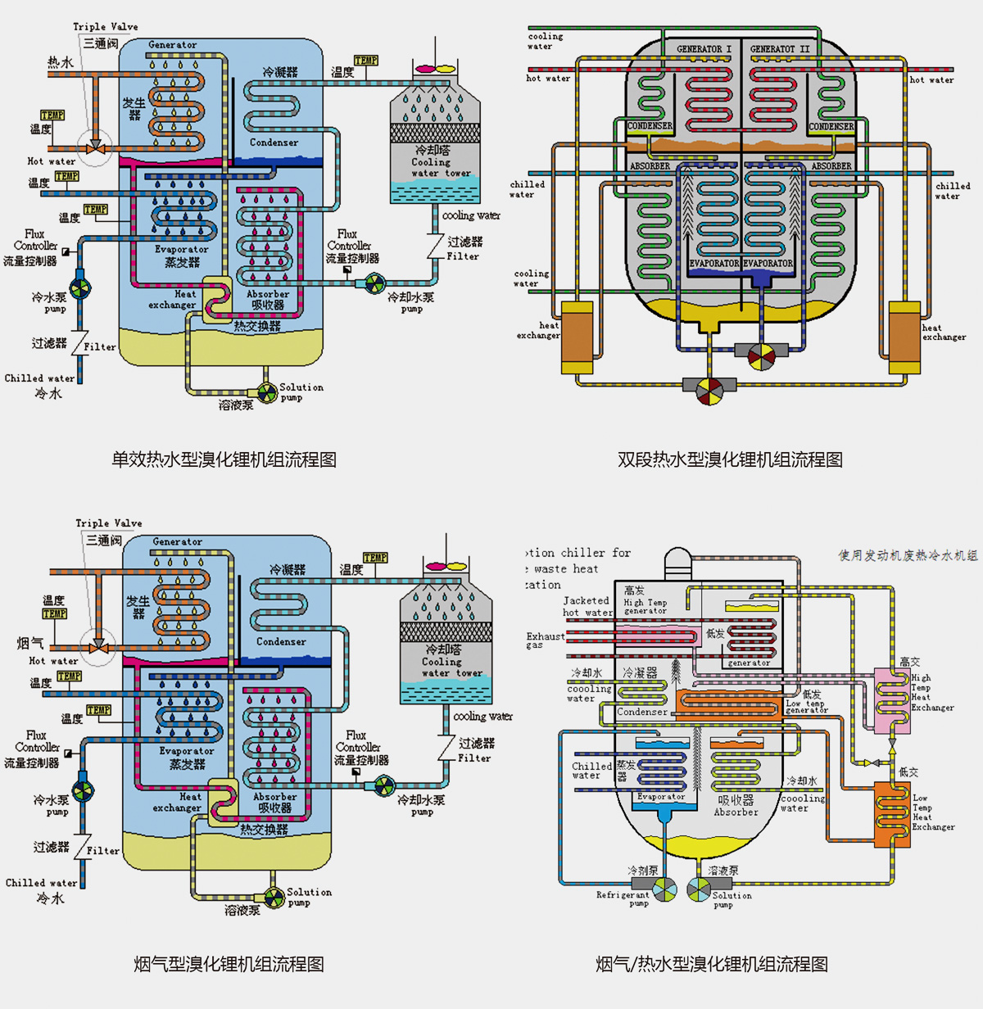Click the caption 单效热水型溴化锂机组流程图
point(224,459)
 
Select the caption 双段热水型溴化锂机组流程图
point(730,459)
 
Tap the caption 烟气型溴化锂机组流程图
point(229,964)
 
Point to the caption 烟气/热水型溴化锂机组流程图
point(711,964)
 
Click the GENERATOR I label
point(704,49)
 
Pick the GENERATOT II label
point(779,49)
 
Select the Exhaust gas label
point(545,640)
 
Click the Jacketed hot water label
point(587,606)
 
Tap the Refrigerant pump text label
point(623,898)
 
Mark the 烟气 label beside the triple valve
point(30,643)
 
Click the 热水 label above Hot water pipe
point(60,62)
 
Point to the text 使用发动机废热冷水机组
point(908,555)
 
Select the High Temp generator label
point(646,606)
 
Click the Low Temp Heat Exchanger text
point(933,812)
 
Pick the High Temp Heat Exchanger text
point(932,692)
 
